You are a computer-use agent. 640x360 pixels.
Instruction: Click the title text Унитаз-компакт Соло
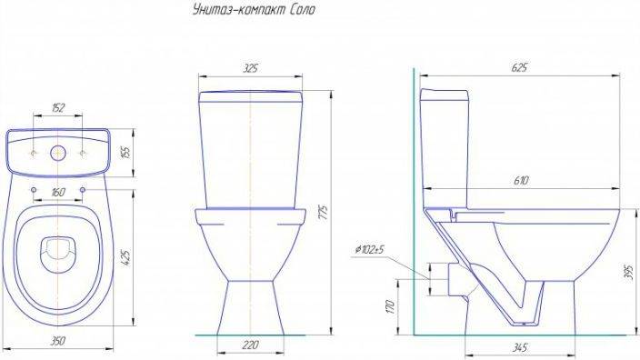click(x=254, y=9)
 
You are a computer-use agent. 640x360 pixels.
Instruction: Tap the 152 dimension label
click(x=58, y=108)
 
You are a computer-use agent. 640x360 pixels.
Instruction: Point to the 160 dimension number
click(x=58, y=192)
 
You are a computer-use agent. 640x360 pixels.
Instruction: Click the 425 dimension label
click(x=126, y=258)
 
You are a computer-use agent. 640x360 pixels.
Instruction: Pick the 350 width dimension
click(x=57, y=340)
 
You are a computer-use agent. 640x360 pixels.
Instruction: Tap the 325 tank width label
click(x=250, y=68)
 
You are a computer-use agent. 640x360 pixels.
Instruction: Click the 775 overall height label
click(x=323, y=213)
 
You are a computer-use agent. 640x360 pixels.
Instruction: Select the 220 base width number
click(x=250, y=345)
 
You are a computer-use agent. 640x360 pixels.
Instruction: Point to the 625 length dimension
click(x=519, y=67)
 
